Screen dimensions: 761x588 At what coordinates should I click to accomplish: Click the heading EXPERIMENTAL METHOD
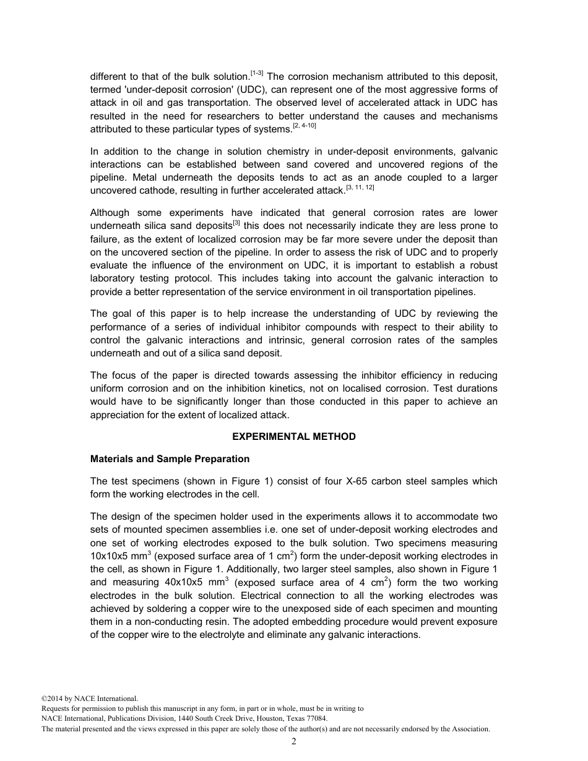point(293,437)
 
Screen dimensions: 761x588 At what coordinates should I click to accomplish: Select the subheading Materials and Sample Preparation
point(170,459)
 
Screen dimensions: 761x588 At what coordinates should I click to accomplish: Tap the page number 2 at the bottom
point(294,742)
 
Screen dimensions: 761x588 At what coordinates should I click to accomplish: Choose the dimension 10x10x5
point(112,556)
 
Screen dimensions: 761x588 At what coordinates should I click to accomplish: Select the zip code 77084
point(316,719)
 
